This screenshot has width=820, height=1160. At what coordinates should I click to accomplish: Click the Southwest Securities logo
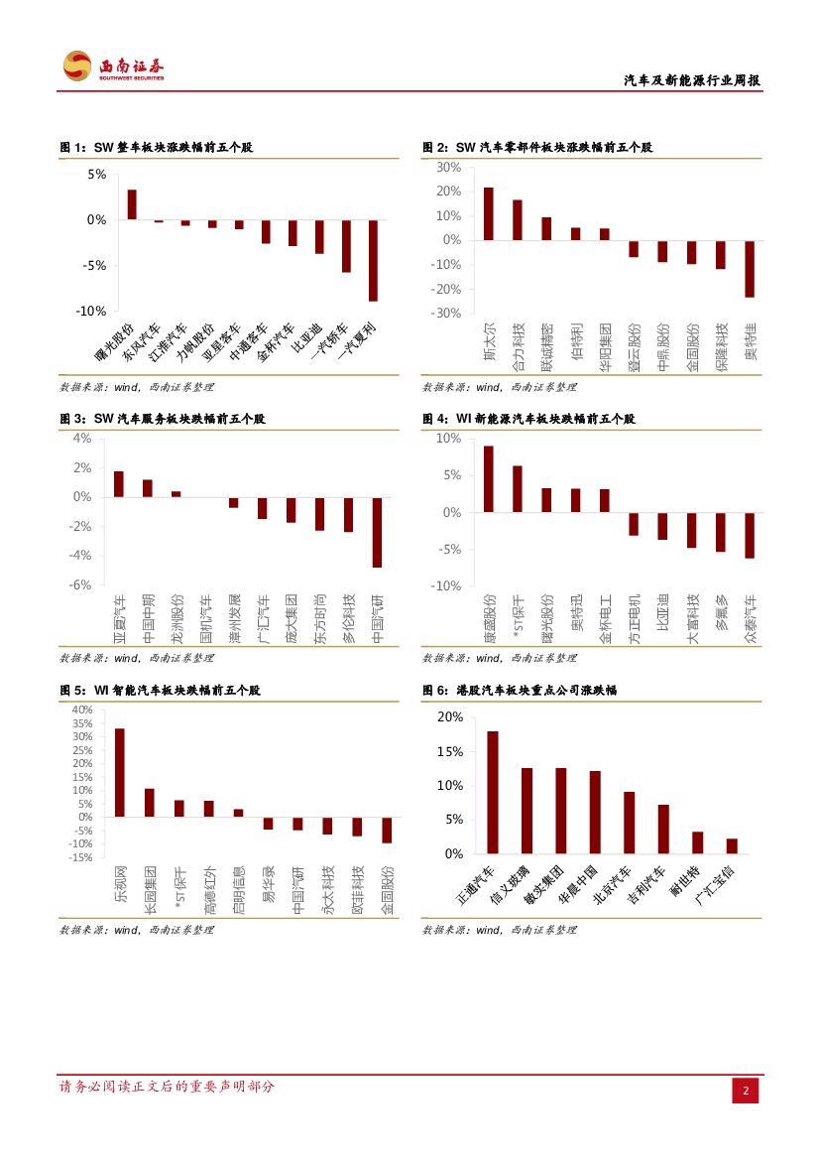(x=113, y=66)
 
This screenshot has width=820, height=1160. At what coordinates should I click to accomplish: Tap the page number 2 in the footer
(x=745, y=1091)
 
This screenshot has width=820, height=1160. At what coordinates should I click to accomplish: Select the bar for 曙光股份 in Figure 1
(x=132, y=204)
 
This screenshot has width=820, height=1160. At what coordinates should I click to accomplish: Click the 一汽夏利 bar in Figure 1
(x=373, y=260)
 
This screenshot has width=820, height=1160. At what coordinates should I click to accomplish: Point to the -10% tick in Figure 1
(x=91, y=311)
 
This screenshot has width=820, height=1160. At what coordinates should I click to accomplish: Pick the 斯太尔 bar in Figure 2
(x=488, y=213)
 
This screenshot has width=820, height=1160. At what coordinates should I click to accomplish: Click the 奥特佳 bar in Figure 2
(x=750, y=268)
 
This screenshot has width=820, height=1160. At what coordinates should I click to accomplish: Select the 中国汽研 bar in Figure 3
(x=377, y=532)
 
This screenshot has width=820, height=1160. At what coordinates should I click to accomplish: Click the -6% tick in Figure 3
(x=81, y=584)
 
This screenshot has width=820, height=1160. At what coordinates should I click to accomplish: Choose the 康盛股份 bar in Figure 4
(x=488, y=478)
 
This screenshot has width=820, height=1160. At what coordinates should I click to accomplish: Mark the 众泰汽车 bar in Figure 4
(x=750, y=535)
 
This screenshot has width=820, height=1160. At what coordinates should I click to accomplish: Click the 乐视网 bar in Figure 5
(x=120, y=772)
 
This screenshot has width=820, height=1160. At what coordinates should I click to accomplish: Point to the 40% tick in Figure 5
(x=81, y=709)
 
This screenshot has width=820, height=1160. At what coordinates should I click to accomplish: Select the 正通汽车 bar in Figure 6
(x=493, y=792)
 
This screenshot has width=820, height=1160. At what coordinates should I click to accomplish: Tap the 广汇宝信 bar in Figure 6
(x=732, y=845)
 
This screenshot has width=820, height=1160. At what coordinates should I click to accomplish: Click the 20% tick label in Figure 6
(x=450, y=716)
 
